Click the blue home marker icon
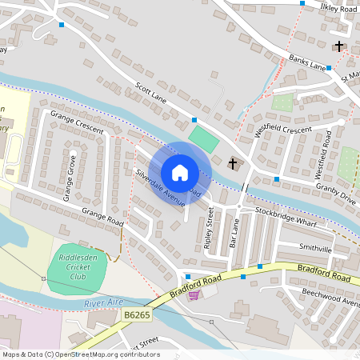[x=180, y=173]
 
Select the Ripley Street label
[x=209, y=229]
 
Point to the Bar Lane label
[x=234, y=233]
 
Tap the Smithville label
[x=314, y=249]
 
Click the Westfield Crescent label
[x=282, y=129]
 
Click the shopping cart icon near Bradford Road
[x=193, y=294]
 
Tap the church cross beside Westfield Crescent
[x=233, y=164]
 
